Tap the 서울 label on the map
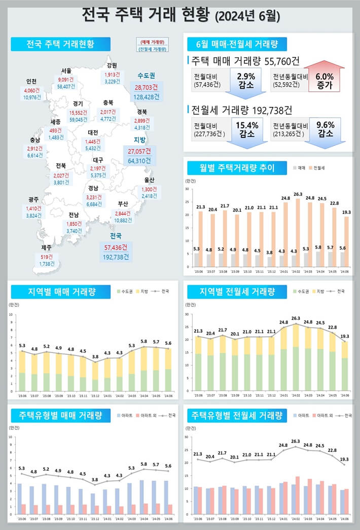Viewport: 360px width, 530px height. [x=66, y=70]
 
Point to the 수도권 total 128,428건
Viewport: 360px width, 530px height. [x=147, y=96]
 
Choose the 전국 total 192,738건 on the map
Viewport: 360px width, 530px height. [x=116, y=257]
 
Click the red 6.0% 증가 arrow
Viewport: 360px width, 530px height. [x=327, y=78]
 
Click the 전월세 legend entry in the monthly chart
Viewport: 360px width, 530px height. [x=319, y=167]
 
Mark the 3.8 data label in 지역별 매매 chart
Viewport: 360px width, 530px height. [x=95, y=357]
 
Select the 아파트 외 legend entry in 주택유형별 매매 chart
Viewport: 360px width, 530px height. [x=143, y=415]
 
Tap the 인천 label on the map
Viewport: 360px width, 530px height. [x=31, y=82]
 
